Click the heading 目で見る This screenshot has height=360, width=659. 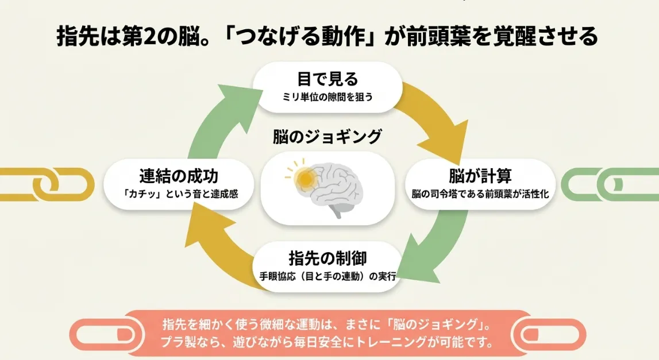(328, 78)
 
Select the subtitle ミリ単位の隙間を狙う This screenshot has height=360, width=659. (328, 96)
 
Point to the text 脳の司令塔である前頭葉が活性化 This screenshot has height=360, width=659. (480, 194)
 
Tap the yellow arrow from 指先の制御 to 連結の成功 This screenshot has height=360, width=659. (221, 253)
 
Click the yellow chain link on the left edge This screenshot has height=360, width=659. (49, 184)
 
